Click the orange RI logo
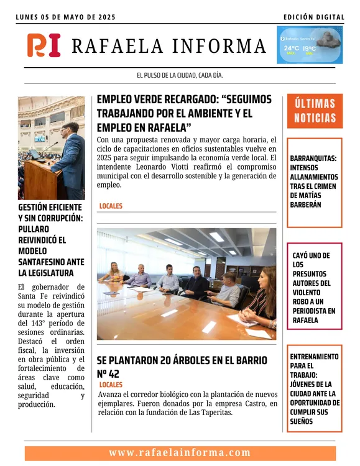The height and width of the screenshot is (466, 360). pos(44,45)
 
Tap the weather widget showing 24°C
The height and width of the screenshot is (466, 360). pos(309,45)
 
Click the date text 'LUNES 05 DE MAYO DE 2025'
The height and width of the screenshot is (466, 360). pos(66,17)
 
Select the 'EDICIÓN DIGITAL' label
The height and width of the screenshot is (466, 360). pos(313,17)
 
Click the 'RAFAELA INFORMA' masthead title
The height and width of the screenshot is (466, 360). pos(168,46)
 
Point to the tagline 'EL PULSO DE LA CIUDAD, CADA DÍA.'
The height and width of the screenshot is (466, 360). pos(180,75)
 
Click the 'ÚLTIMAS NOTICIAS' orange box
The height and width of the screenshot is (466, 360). pos(315,111)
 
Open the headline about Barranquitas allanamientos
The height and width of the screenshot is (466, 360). pos(315,181)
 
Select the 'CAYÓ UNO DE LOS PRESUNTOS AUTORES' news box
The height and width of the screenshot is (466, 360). pos(315,287)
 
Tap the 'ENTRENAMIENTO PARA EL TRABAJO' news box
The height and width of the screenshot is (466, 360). pos(315,389)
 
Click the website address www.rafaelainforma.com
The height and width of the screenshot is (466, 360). pos(180,453)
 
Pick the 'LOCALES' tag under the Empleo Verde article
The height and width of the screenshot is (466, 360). pos(111,206)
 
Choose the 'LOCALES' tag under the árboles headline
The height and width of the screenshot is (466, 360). pos(111,385)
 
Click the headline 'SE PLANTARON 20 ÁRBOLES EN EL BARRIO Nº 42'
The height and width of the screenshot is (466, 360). pos(182,367)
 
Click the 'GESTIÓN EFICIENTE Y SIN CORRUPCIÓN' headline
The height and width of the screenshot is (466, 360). pos(50,239)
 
